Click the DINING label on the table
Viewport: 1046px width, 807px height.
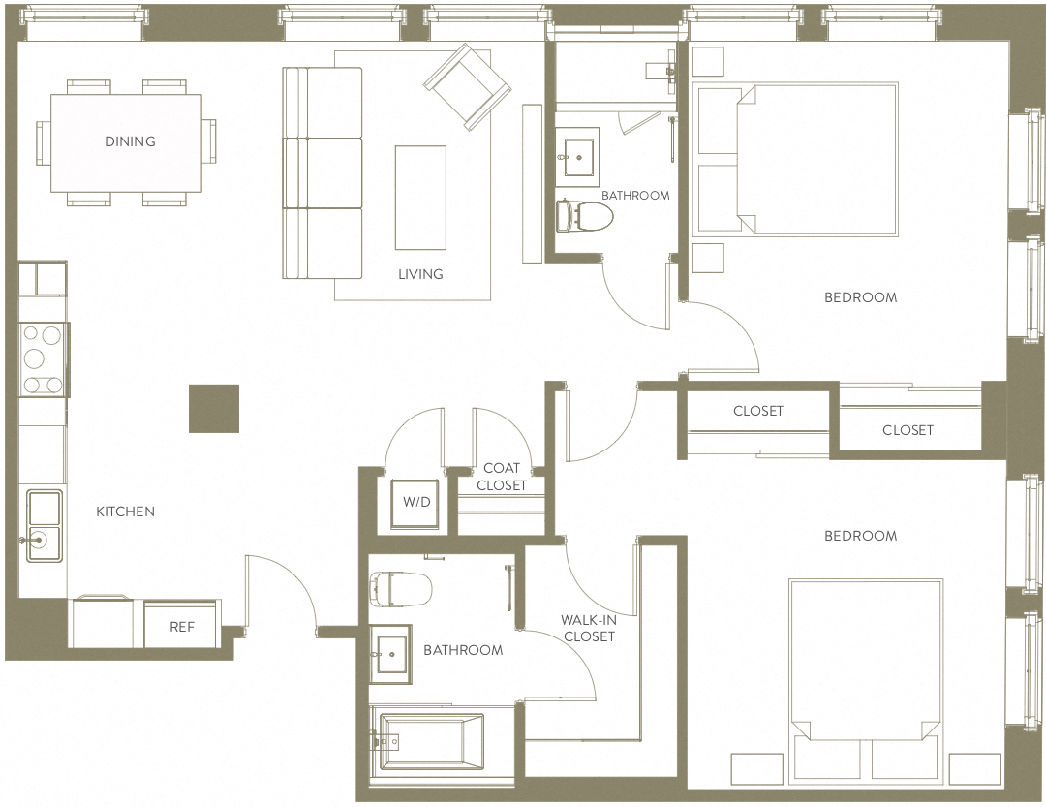[130, 141]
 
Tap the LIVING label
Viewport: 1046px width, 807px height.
[420, 274]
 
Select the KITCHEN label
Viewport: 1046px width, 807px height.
[125, 512]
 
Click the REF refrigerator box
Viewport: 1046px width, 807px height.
[182, 626]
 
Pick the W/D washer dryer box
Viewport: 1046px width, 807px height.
[416, 504]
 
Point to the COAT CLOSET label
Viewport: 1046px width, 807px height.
[502, 477]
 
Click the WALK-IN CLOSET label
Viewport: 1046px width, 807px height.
[589, 628]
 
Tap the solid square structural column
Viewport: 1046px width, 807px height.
[213, 408]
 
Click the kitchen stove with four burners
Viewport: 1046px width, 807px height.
[43, 359]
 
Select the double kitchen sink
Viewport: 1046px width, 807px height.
[44, 526]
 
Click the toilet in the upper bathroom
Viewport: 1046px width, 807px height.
[581, 215]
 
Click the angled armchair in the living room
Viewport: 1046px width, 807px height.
[467, 86]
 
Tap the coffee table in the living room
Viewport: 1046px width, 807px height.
[420, 197]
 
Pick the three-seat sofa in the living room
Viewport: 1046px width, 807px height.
[322, 172]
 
